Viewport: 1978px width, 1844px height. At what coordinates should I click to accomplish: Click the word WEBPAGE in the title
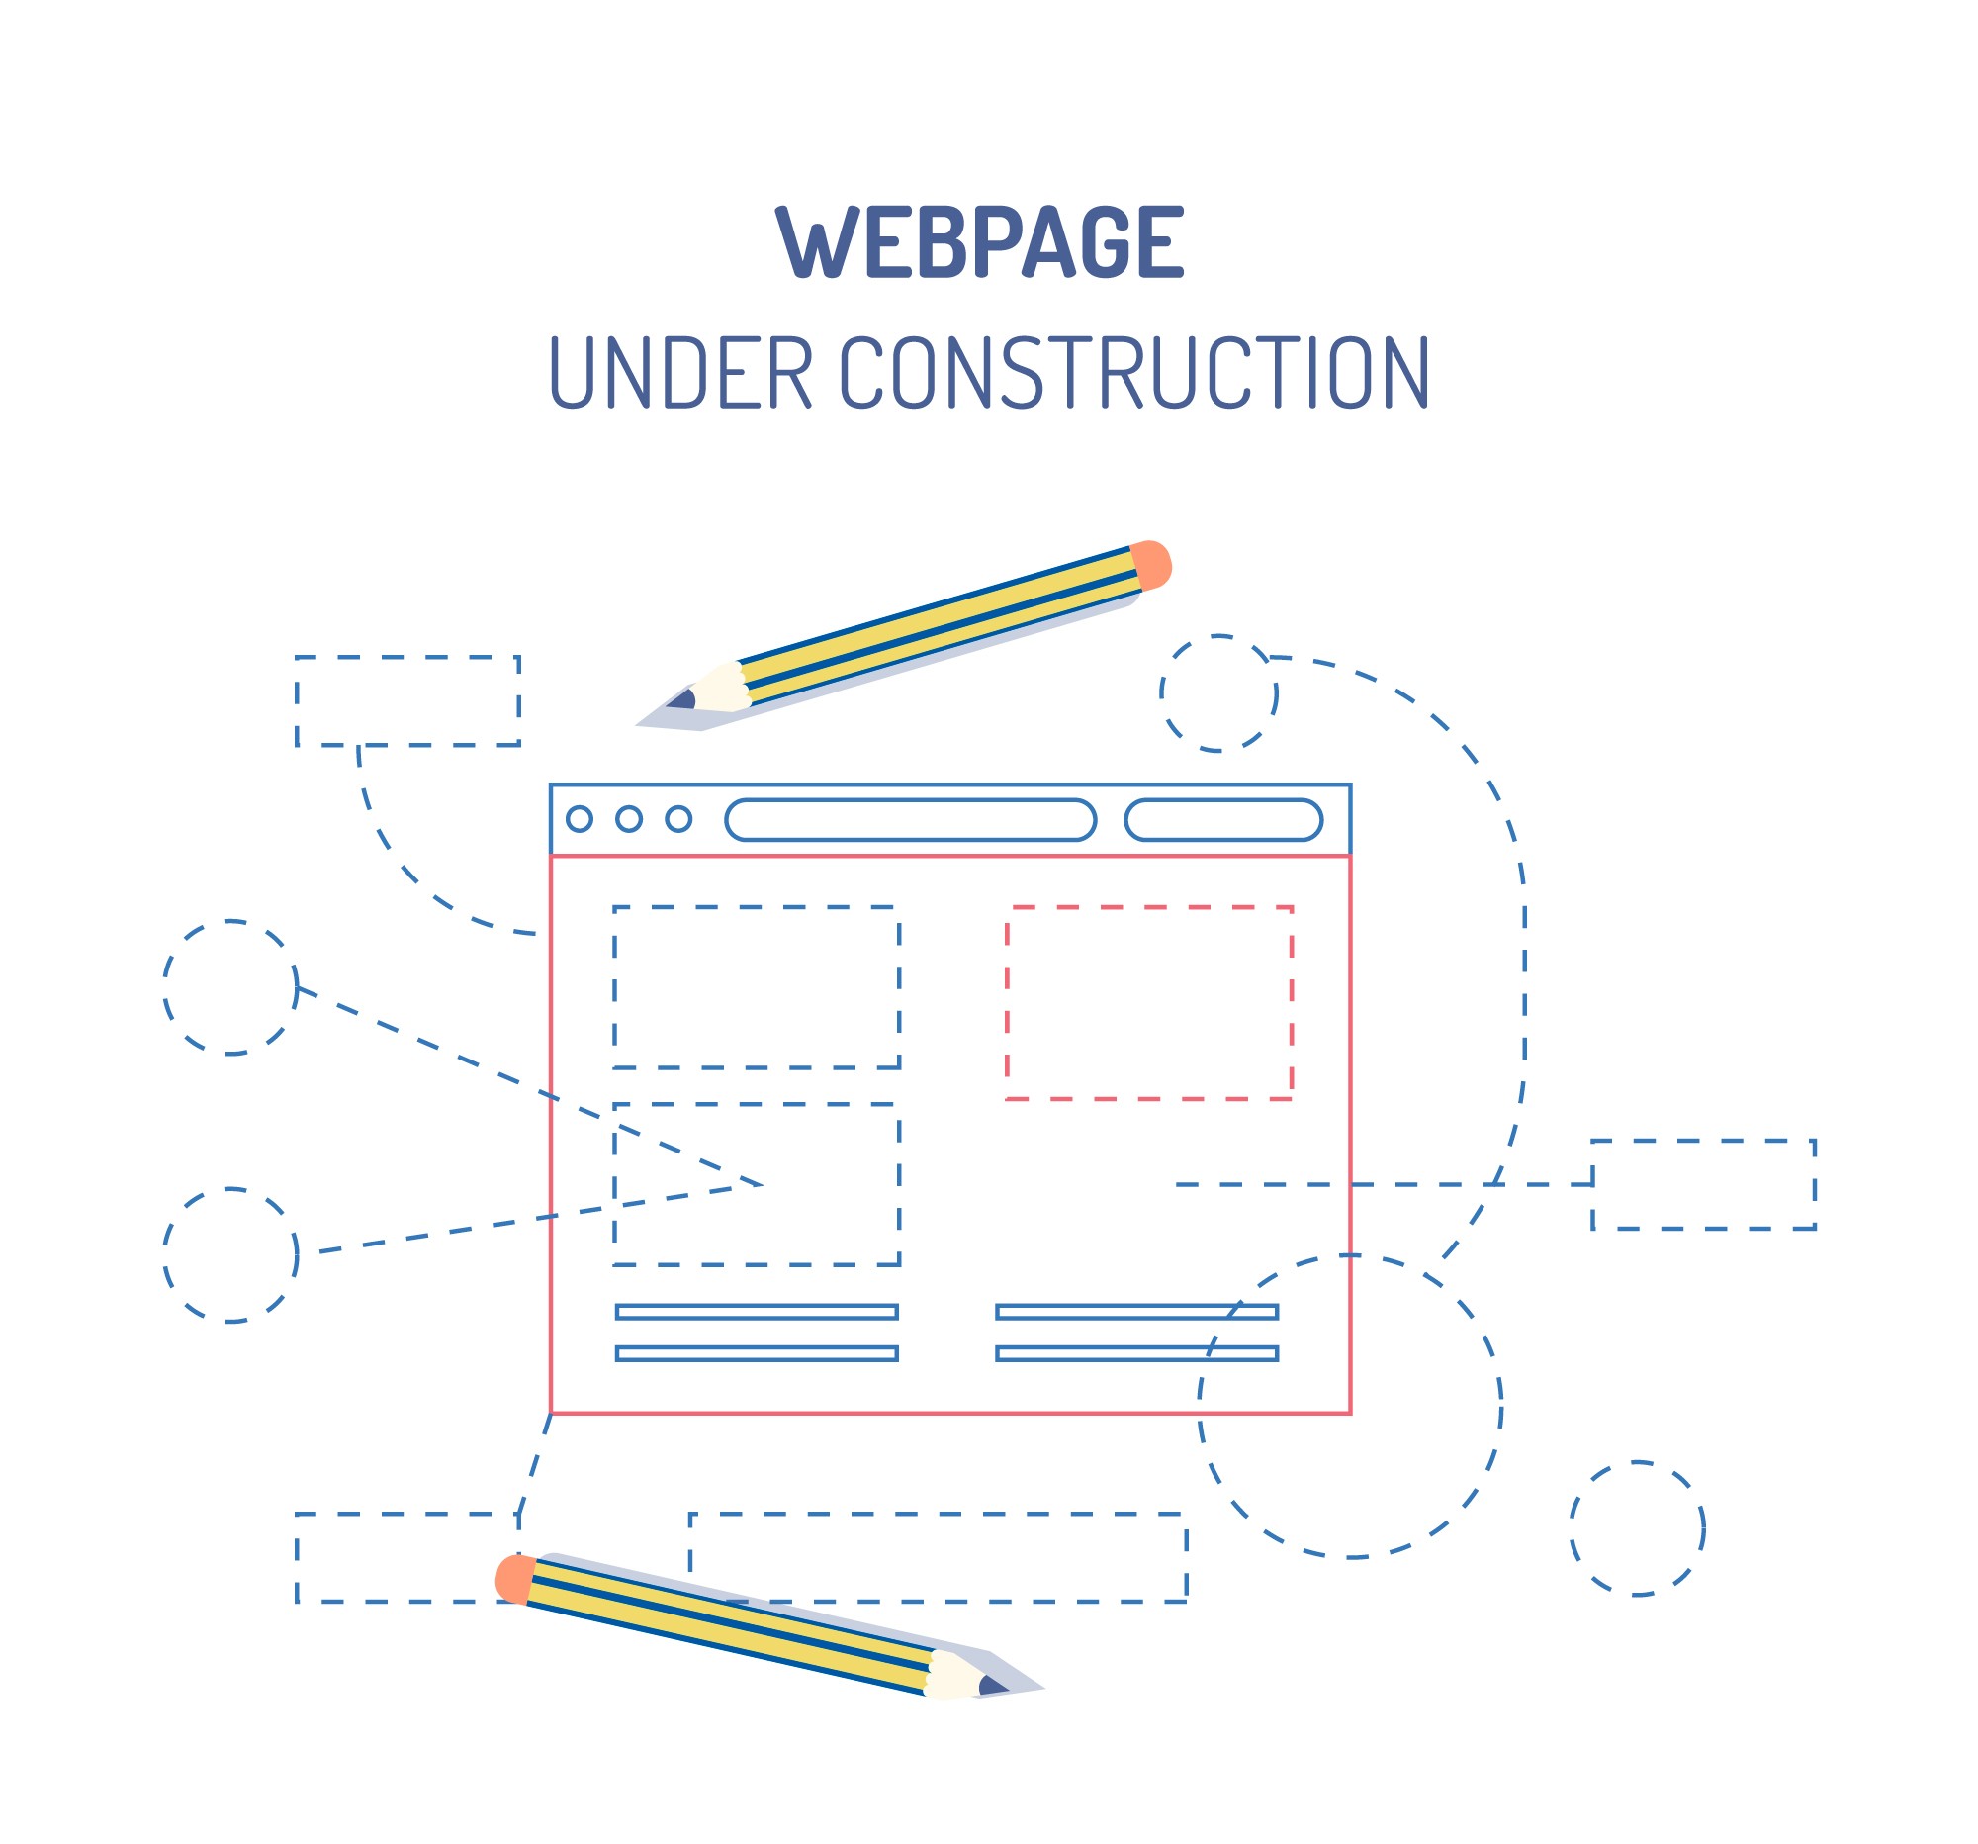[x=979, y=241]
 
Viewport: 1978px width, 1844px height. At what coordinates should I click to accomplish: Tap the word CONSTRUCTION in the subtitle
[x=1134, y=372]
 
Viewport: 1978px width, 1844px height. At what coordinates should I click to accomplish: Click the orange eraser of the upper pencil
[x=1151, y=565]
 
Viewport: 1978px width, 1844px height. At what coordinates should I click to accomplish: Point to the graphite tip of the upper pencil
[x=681, y=699]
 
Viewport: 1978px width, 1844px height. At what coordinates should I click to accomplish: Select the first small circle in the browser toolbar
[x=580, y=819]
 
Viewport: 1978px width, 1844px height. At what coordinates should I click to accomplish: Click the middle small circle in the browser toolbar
[x=629, y=819]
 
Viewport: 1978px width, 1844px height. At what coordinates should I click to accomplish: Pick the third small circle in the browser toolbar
[x=678, y=819]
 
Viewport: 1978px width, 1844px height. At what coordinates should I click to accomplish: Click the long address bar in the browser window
[x=911, y=820]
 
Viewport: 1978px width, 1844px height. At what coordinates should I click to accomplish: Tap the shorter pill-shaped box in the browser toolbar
[x=1222, y=820]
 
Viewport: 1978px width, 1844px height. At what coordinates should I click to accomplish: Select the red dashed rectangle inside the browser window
[x=1149, y=1003]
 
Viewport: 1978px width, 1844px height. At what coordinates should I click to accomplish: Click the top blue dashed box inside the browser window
[x=757, y=987]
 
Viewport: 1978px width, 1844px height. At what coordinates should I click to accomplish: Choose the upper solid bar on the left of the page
[x=757, y=1312]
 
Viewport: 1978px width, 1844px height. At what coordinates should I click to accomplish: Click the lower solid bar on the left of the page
[x=757, y=1353]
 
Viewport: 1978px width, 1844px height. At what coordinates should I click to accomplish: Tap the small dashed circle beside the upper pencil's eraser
[x=1218, y=693]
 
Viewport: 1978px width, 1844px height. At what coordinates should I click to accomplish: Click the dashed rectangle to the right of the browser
[x=1703, y=1184]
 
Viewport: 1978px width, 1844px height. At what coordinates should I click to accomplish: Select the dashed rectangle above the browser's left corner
[x=406, y=700]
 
